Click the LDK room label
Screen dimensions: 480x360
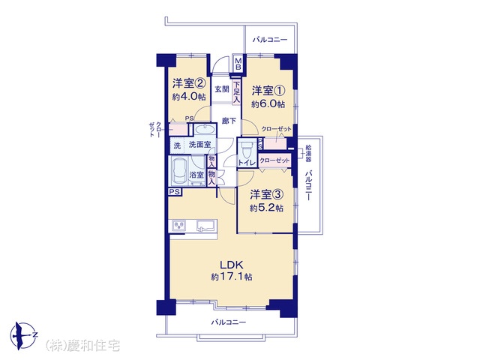coord(232,265)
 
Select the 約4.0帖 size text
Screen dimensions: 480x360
coord(189,97)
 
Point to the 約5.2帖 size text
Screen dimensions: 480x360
coord(266,208)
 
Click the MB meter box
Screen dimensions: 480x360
coord(238,64)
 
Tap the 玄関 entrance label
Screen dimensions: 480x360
coord(222,89)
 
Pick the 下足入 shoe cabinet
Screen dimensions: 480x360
coord(237,92)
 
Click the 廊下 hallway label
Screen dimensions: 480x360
coord(229,121)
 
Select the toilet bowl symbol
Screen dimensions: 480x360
coord(245,150)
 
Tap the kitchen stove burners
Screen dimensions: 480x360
coord(178,226)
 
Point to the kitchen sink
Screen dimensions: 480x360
coord(205,226)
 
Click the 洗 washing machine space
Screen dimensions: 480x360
coord(177,145)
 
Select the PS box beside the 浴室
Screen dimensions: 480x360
coord(175,192)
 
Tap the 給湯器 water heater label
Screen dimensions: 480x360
coord(308,154)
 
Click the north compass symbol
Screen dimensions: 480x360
coord(24,335)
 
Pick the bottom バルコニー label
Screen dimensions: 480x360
coord(228,322)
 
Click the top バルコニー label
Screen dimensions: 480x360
coord(270,40)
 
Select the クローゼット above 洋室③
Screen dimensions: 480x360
coord(274,160)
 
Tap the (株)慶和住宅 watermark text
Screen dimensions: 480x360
coord(82,346)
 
